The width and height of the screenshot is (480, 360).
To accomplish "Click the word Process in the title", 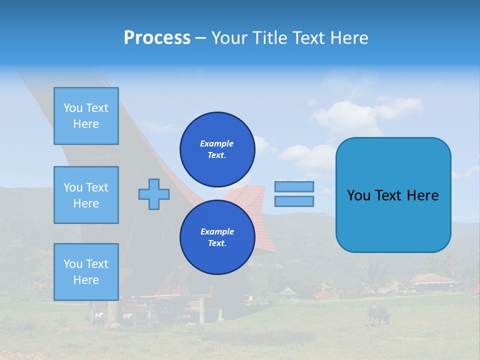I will (x=157, y=37).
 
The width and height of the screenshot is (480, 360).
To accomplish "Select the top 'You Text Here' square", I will (x=86, y=116).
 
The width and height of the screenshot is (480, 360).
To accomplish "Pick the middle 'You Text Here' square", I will (x=86, y=195).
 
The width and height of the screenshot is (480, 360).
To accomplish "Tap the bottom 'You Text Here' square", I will (x=86, y=271).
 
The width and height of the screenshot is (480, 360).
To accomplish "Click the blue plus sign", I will (x=154, y=193).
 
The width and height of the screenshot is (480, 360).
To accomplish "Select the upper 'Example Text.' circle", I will (x=217, y=149).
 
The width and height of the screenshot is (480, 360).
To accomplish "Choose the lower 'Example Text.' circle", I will (x=217, y=237).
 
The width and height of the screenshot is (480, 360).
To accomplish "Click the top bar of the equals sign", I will (x=294, y=186).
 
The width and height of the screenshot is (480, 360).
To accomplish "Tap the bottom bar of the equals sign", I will (x=294, y=201).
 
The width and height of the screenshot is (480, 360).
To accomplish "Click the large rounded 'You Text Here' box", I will (x=393, y=195).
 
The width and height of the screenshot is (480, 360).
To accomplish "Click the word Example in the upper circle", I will (x=217, y=143).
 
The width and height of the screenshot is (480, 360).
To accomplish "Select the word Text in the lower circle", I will (x=216, y=243).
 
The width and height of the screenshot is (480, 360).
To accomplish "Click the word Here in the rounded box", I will (x=422, y=195).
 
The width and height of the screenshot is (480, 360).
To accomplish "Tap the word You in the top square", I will (x=73, y=108).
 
